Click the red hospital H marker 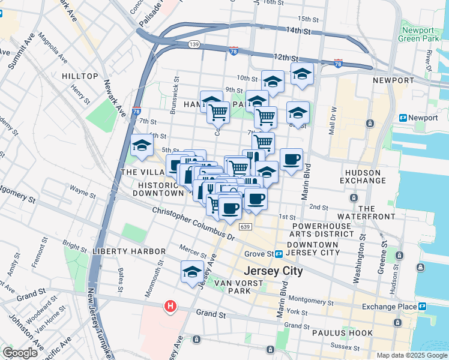coord(171,306)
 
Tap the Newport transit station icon coord(403,118)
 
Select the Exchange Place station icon coord(423,307)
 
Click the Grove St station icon coord(279,254)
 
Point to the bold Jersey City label coord(273,271)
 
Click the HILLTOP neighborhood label coord(79,76)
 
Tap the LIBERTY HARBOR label coord(128,251)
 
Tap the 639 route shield coord(244,226)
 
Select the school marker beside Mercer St coord(192,271)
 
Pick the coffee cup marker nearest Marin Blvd coord(291,160)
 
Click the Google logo coord(20,353)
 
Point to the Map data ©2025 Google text coord(411,355)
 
